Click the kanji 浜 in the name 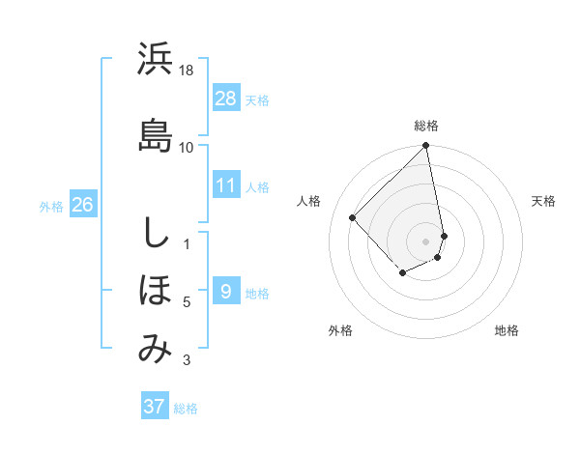click(x=155, y=60)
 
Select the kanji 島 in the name click(x=155, y=134)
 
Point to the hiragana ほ click(x=155, y=291)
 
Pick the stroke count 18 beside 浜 click(x=188, y=71)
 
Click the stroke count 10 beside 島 click(x=187, y=147)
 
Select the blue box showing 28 click(x=226, y=99)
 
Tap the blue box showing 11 click(x=226, y=185)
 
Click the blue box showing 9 click(x=225, y=292)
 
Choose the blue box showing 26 click(x=82, y=205)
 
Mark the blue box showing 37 click(x=154, y=407)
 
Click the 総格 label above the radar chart click(x=426, y=126)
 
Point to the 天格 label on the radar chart click(x=544, y=201)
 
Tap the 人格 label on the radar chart click(x=309, y=201)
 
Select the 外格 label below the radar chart click(x=340, y=330)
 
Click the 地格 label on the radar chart click(x=507, y=330)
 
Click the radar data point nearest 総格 click(x=426, y=147)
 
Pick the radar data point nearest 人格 click(x=353, y=217)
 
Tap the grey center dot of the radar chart click(x=426, y=241)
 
